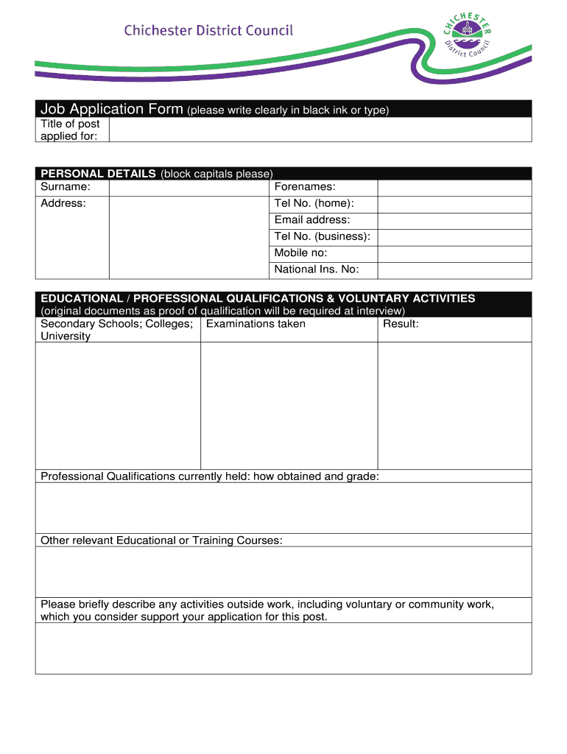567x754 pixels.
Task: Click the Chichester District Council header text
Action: point(208,30)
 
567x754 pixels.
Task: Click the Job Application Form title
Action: point(112,109)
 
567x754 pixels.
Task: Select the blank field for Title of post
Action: point(320,130)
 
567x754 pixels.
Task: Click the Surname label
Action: point(66,187)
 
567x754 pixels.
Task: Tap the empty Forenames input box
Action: point(454,187)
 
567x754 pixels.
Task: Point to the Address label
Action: point(63,203)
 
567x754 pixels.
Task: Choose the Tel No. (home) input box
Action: point(454,204)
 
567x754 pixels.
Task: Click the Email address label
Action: point(312,220)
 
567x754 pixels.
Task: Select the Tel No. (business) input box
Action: point(454,237)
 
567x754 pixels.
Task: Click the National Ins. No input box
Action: point(454,270)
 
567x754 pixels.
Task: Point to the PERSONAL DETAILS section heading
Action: point(98,174)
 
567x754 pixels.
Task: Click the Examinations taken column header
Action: point(256,324)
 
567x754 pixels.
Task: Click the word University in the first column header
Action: point(66,337)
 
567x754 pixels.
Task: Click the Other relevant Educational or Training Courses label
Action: point(161,540)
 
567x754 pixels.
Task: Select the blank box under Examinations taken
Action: point(289,405)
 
